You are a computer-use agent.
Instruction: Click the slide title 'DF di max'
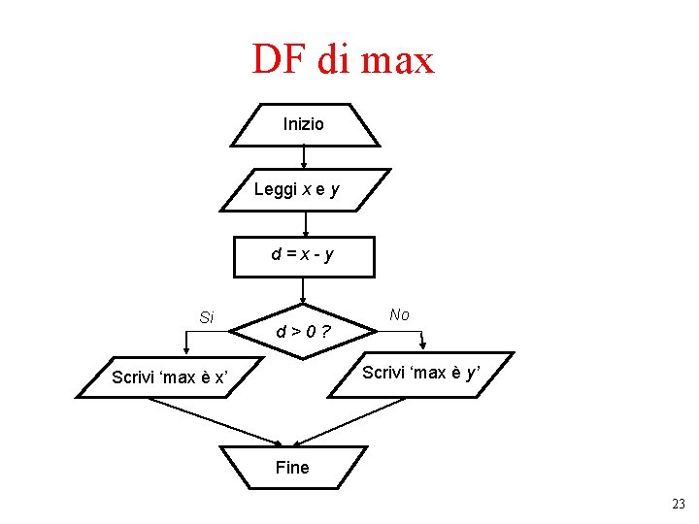tap(343, 60)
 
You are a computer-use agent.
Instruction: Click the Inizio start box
tap(304, 124)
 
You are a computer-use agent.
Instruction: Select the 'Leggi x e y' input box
tap(304, 189)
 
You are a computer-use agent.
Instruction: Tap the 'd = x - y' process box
tap(304, 255)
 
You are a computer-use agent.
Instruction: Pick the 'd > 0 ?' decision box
tap(303, 332)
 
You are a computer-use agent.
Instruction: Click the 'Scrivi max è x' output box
tap(169, 377)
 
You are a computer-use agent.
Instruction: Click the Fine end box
tap(292, 468)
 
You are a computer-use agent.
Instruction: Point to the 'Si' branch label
tap(206, 317)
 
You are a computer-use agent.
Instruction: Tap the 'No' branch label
tap(399, 314)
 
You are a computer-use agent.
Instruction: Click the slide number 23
tap(678, 504)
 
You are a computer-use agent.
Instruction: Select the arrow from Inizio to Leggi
tap(304, 156)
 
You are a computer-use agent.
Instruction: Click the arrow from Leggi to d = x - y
tap(304, 222)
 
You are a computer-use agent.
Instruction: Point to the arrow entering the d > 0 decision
tap(304, 290)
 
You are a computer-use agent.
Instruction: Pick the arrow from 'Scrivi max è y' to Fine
tap(349, 422)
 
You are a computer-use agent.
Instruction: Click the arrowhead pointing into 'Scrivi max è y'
tap(422, 345)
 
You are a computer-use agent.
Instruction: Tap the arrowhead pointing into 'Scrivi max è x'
tap(186, 352)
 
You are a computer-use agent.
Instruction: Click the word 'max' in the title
tap(398, 60)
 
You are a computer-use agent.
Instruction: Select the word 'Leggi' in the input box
tap(275, 189)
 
